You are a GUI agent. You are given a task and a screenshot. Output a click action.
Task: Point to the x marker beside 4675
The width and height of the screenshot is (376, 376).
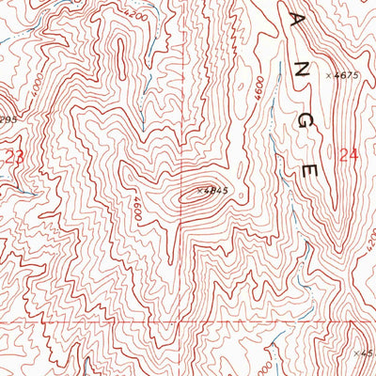329,75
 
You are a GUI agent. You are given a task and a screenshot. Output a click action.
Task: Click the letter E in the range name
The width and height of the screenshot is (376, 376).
311,171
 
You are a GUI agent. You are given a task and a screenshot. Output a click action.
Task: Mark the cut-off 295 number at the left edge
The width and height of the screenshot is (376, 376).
8,119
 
